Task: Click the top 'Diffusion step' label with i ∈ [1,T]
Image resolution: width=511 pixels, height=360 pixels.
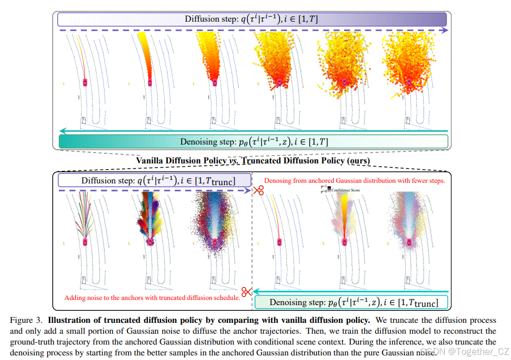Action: point(251,19)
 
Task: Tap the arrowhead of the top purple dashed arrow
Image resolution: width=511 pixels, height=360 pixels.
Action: point(445,30)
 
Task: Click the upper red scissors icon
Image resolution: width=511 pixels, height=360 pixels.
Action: point(258,190)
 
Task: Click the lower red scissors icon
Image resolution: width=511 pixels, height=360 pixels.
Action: point(246,292)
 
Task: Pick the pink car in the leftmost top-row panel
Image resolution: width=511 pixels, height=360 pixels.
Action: point(86,82)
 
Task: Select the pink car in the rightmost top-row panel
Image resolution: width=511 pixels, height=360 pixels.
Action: point(409,82)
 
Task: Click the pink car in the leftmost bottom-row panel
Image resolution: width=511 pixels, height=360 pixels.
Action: point(86,241)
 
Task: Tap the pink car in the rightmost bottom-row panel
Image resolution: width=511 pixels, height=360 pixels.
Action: point(409,242)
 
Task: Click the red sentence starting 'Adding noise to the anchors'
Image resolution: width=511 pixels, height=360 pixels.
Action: point(151,298)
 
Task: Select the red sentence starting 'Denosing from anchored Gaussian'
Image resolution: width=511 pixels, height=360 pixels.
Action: point(354,180)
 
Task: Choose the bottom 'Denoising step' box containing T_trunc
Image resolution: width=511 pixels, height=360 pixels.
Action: point(350,302)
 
